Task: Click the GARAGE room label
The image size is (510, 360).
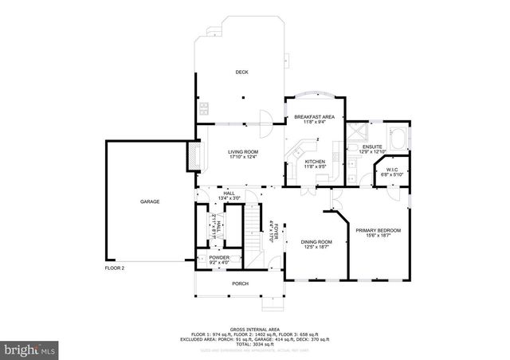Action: point(151,202)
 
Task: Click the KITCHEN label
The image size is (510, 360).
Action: point(316,163)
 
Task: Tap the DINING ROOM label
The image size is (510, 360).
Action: point(316,244)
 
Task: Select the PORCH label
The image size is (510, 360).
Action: point(241,284)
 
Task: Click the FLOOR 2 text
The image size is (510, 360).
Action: point(115,268)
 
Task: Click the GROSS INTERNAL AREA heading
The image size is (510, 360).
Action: point(254,327)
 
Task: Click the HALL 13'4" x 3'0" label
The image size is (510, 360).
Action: point(229,195)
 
